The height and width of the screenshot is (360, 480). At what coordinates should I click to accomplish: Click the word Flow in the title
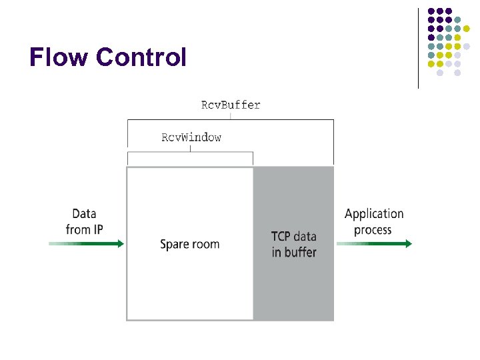click(x=59, y=58)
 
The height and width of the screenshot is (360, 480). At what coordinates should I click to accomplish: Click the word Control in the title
click(x=141, y=58)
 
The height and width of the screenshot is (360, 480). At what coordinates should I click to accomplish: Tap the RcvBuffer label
click(x=231, y=105)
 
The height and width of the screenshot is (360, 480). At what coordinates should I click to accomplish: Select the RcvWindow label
click(x=191, y=138)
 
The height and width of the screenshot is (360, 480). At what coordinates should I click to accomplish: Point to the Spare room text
click(x=189, y=244)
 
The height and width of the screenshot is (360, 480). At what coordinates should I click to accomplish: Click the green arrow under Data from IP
click(x=87, y=244)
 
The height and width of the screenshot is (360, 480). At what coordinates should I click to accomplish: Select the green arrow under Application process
click(x=374, y=244)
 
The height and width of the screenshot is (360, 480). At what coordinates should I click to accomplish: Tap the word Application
click(x=374, y=214)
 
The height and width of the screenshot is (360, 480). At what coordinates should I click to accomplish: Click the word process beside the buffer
click(x=373, y=231)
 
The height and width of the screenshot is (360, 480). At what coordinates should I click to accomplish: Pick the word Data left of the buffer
click(x=84, y=214)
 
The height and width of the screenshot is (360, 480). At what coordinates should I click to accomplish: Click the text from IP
click(x=84, y=230)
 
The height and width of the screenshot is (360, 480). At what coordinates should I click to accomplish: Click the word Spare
click(x=175, y=244)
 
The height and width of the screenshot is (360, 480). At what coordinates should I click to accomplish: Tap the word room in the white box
click(x=205, y=244)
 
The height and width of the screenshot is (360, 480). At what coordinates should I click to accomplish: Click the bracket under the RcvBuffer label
click(x=231, y=120)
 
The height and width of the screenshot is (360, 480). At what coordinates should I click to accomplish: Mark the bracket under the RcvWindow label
click(x=190, y=153)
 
